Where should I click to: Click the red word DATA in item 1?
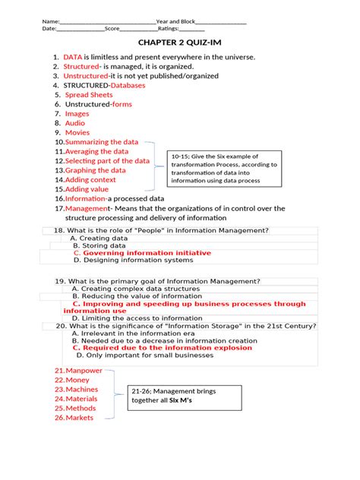(x=73, y=57)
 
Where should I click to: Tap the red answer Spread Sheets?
(x=89, y=95)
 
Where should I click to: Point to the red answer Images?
(x=77, y=114)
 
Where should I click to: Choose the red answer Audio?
(x=75, y=123)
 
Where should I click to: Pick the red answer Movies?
(x=77, y=132)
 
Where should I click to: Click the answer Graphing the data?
(x=96, y=170)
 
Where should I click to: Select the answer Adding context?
(x=90, y=180)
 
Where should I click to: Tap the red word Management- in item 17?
(x=87, y=208)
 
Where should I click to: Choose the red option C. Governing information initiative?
(x=142, y=252)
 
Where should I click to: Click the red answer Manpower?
(x=84, y=370)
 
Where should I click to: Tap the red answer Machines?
(x=82, y=389)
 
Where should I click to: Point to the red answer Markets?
(x=80, y=417)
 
